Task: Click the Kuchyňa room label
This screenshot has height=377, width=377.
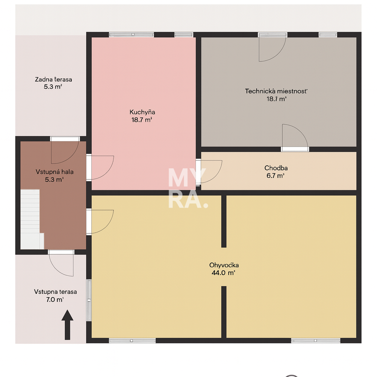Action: point(142,112)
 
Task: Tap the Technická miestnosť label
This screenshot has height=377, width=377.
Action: point(276,91)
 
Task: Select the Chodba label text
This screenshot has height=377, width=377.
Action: point(276,168)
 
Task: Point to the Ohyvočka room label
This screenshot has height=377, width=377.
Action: point(224,265)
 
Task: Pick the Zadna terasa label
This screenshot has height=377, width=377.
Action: point(53,79)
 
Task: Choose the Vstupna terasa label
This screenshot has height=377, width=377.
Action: point(55,292)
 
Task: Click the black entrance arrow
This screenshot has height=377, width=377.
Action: point(67,324)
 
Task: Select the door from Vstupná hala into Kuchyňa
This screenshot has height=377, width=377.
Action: point(100,167)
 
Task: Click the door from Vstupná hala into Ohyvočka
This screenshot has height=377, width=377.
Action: point(100,221)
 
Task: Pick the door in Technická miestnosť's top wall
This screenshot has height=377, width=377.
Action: point(272,47)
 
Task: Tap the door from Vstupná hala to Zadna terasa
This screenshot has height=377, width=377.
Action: point(65,151)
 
